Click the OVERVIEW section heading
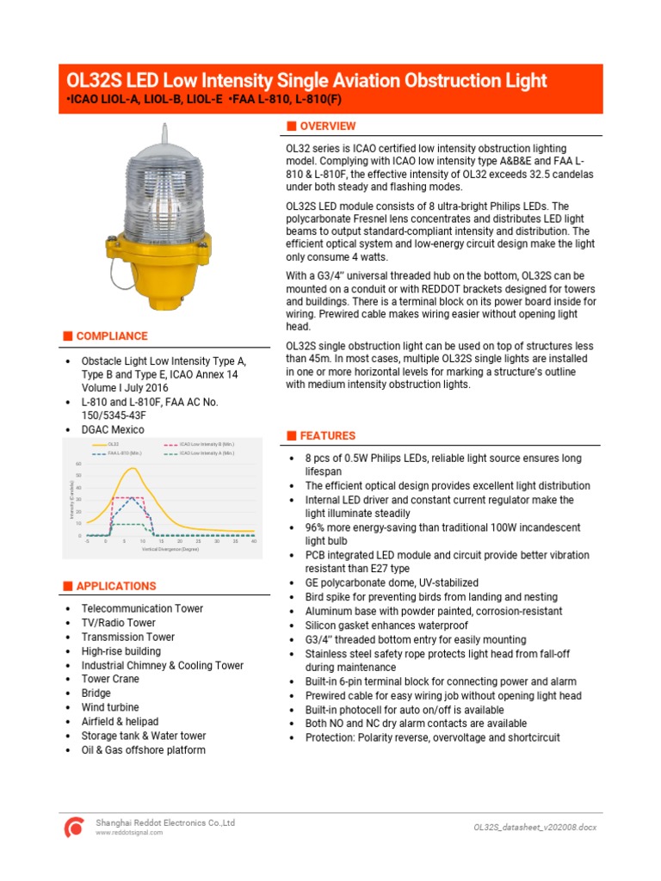point(327,126)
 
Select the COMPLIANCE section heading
point(111,336)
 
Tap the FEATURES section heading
point(327,435)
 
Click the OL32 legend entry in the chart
point(113,444)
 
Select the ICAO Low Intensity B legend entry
point(206,444)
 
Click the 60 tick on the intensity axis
point(78,464)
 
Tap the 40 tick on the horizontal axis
point(254,541)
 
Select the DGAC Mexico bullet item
point(113,429)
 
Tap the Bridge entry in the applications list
point(96,693)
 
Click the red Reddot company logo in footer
point(76,827)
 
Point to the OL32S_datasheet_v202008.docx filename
point(534,827)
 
